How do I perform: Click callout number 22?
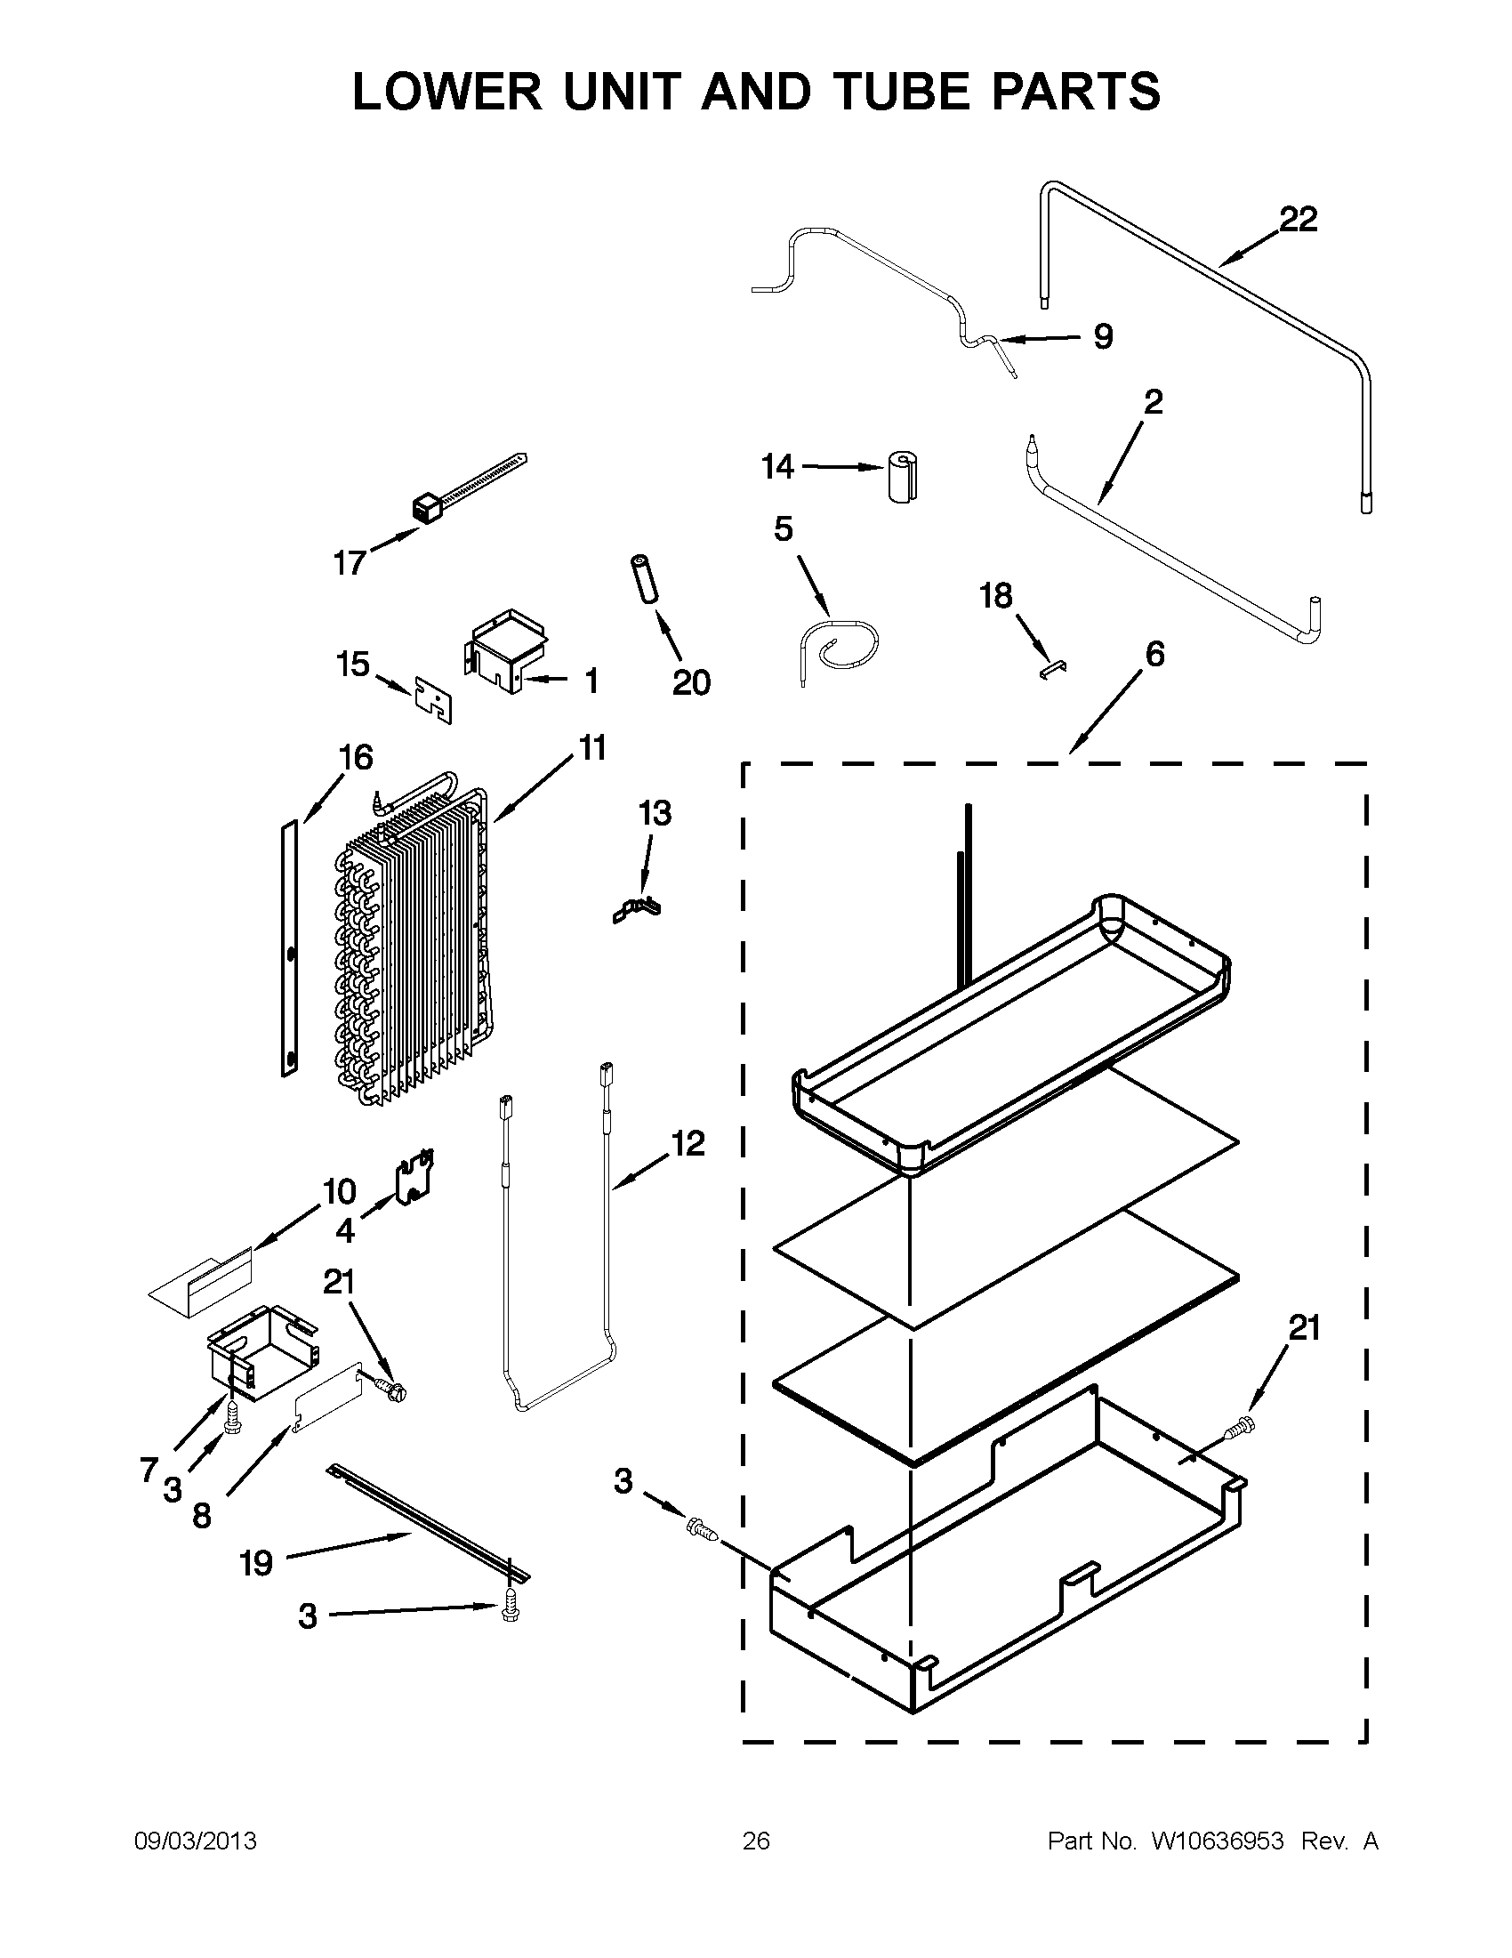1298,220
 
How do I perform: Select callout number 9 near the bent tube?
1103,336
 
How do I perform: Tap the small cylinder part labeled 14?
905,477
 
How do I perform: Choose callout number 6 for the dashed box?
1154,655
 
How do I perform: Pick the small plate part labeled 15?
434,700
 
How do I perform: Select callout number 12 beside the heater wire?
688,1144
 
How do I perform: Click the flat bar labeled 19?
430,1524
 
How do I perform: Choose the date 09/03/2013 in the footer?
195,1841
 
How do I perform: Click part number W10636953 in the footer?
1217,1841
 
